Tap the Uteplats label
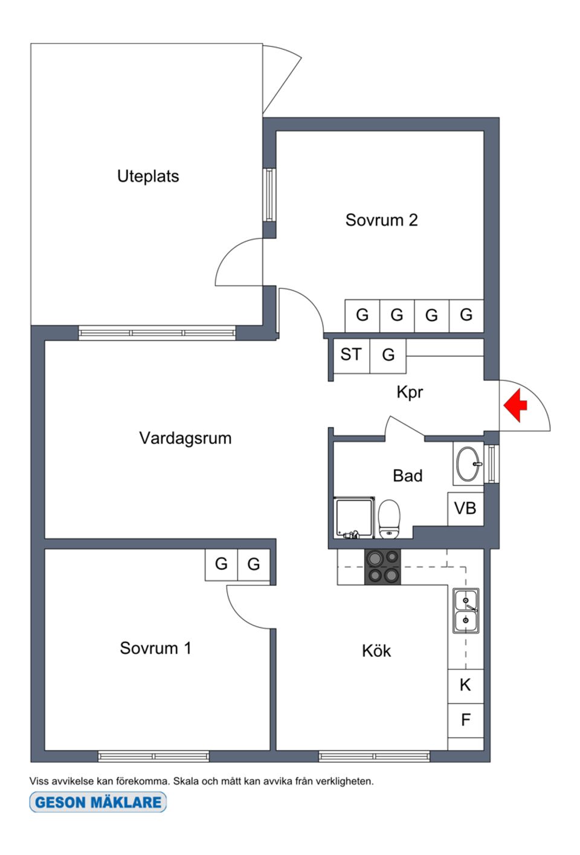(x=148, y=176)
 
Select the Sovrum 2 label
(x=381, y=220)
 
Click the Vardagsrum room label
(x=185, y=438)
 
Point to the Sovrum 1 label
(x=155, y=648)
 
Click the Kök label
(x=376, y=651)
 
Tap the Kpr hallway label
(x=410, y=392)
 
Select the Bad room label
(x=407, y=476)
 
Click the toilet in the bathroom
(x=389, y=518)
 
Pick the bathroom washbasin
(x=468, y=464)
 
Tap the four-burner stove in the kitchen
(x=382, y=566)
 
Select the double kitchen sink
(x=466, y=610)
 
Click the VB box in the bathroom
(x=465, y=508)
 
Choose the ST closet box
(x=351, y=355)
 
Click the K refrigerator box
(x=465, y=685)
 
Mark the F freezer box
(x=465, y=720)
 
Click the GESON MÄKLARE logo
(x=98, y=802)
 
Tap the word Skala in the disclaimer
(x=186, y=781)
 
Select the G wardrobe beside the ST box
(x=388, y=355)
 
